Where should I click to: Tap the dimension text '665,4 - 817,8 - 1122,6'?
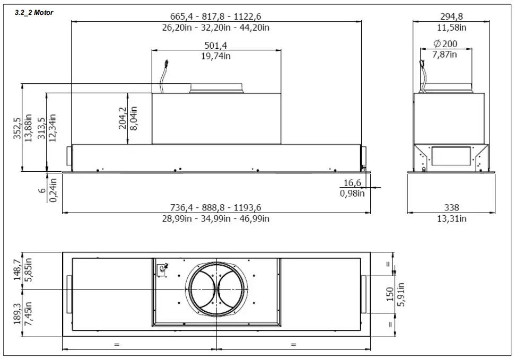(216, 16)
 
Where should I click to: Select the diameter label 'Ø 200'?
(444, 44)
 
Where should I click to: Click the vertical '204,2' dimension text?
(123, 118)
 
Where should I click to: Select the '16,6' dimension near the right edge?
(352, 183)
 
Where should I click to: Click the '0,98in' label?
(352, 193)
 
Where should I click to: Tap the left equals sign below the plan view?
(116, 345)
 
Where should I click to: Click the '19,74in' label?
(216, 56)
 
